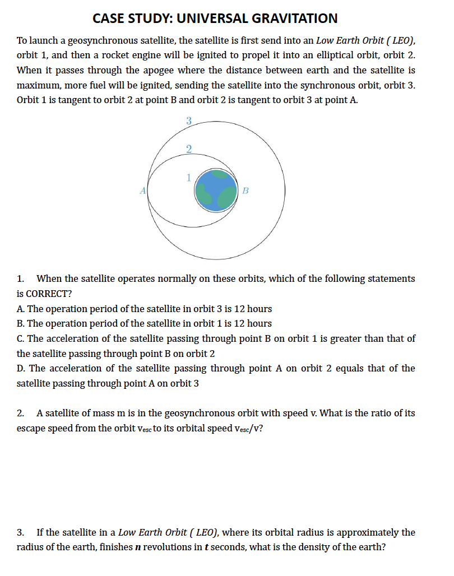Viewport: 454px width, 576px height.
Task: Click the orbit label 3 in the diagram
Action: (188, 120)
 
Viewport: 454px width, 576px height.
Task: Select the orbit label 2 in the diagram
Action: (188, 148)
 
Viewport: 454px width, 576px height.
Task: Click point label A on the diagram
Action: (143, 191)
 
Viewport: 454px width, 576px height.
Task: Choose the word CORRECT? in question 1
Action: (49, 294)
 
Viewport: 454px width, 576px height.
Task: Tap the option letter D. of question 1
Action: (21, 368)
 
